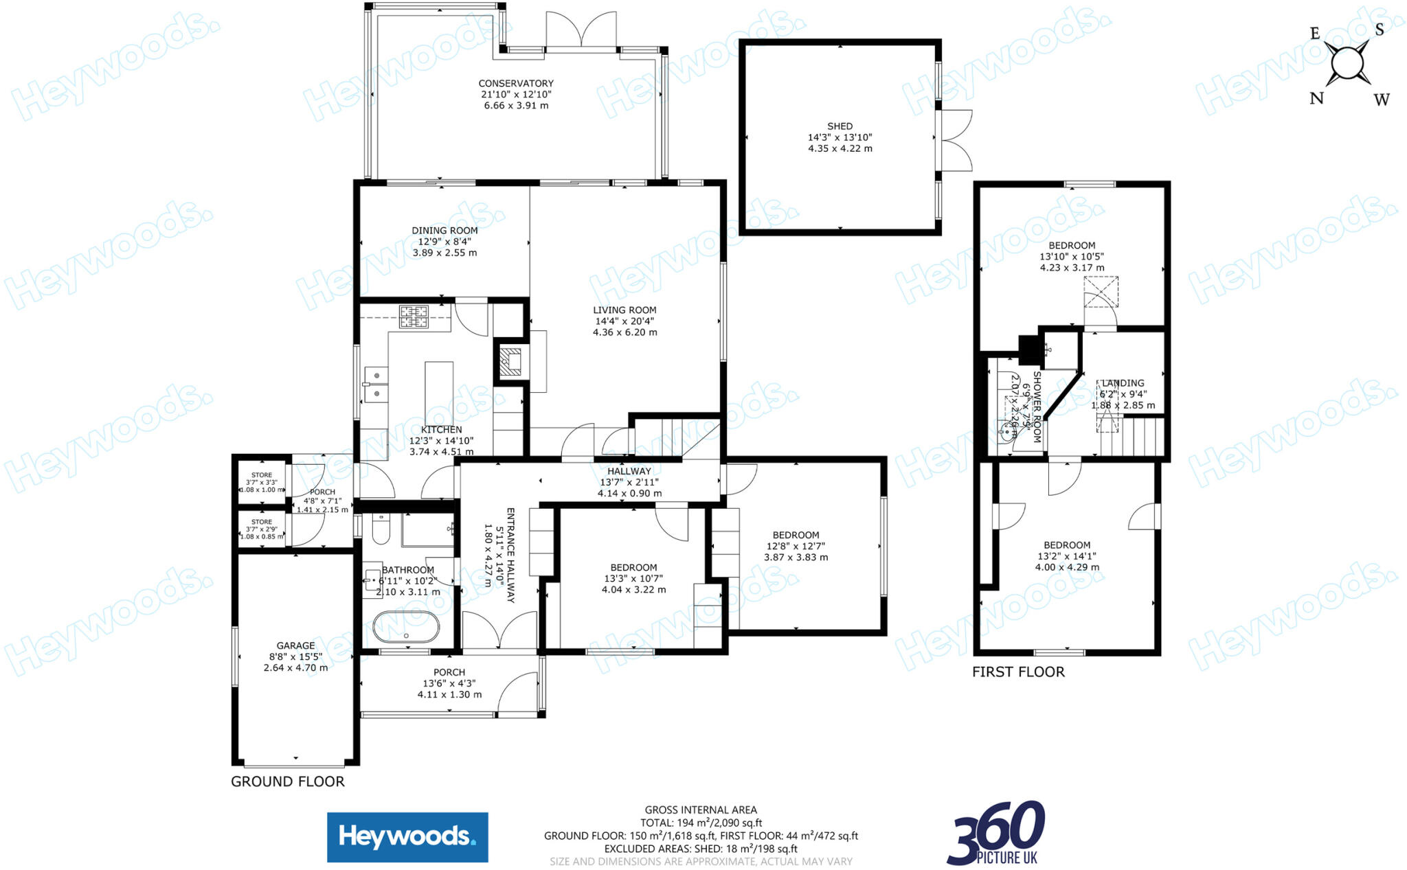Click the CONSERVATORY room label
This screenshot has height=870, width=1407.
[x=516, y=84]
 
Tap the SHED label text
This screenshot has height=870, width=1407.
[x=840, y=126]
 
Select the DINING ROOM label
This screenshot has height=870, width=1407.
[x=444, y=231]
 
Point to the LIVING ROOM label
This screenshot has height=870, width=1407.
[x=624, y=310]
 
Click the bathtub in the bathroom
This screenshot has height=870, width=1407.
[x=406, y=627]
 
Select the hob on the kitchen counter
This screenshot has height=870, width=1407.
[x=414, y=317]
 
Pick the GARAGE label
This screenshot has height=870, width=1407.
[x=295, y=645]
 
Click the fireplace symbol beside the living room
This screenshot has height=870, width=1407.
[x=510, y=359]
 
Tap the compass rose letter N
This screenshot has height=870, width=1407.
[x=1316, y=98]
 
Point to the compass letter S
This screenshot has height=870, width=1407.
[x=1379, y=30]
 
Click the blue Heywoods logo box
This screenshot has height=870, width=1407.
[x=407, y=837]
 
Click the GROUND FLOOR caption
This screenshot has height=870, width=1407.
[x=287, y=781]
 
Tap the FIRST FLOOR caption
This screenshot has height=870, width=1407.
[x=1018, y=672]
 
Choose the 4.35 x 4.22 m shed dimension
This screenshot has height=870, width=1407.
[x=840, y=148]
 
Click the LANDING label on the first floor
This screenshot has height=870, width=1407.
[x=1123, y=383]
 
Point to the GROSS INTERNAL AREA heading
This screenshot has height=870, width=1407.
[x=701, y=810]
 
